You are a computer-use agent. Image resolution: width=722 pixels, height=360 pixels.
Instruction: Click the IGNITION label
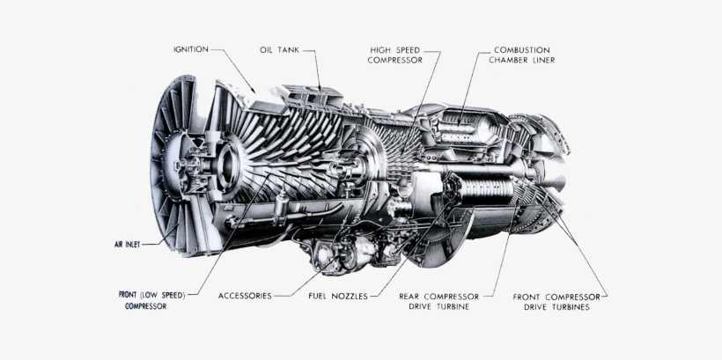[190, 49]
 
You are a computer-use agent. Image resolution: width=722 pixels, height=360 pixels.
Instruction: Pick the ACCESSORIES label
[245, 296]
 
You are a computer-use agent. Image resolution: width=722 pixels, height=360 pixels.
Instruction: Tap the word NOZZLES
[350, 296]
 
